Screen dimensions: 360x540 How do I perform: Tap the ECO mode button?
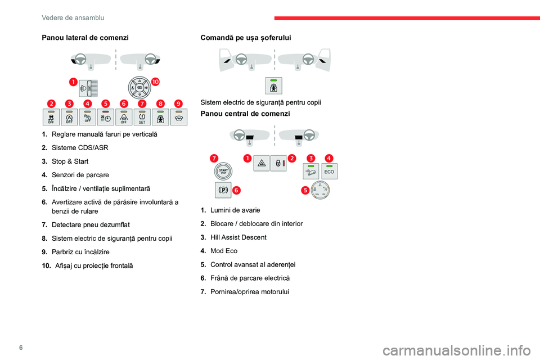tap(329, 171)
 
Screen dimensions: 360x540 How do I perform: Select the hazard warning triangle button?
tap(261, 163)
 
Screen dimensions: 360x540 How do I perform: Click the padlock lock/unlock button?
tap(278, 163)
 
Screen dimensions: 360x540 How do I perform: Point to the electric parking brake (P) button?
tap(223, 190)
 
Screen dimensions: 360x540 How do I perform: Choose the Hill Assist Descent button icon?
tap(310, 171)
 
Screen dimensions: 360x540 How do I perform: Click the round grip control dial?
tap(320, 190)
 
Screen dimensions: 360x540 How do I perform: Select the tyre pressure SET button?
tap(142, 117)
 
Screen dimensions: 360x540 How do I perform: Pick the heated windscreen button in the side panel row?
tap(178, 117)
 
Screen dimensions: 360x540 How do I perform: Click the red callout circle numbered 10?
tap(155, 82)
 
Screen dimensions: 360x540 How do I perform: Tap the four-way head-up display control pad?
tap(139, 88)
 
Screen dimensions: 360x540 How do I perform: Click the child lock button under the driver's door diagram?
tap(273, 85)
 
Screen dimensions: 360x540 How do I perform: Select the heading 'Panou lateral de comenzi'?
tap(85, 38)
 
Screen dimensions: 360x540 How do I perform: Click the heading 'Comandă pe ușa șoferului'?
tap(246, 38)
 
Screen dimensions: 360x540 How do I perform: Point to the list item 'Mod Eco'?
tap(224, 251)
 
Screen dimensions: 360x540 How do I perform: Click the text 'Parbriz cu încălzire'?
tap(80, 252)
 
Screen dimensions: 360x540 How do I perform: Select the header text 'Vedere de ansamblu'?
tap(73, 18)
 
